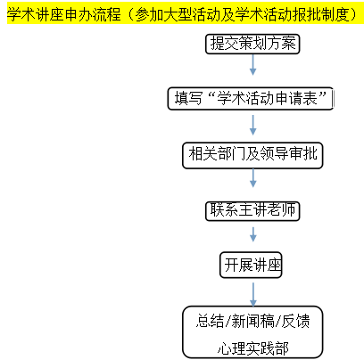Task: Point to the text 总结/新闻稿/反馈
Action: click(x=252, y=321)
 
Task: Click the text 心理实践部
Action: click(x=252, y=348)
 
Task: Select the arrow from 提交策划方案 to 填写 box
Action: click(x=252, y=65)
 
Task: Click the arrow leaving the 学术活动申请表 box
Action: click(x=252, y=125)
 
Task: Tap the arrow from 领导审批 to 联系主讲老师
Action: click(x=252, y=178)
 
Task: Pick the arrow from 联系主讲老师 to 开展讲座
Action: click(x=253, y=234)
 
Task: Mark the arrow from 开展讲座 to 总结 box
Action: click(x=253, y=294)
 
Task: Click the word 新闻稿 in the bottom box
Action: click(x=252, y=321)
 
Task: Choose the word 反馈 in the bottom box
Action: click(x=295, y=321)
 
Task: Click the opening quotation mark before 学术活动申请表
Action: click(x=211, y=94)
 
